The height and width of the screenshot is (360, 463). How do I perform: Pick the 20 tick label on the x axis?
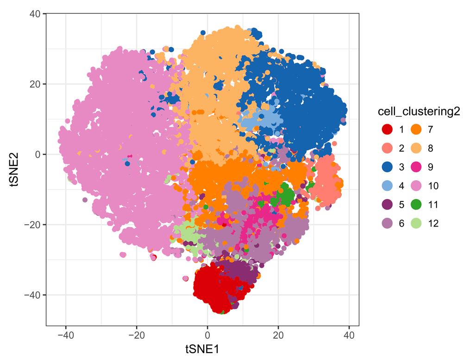(x=278, y=335)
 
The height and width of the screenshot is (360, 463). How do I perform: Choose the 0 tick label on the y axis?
(x=37, y=154)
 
